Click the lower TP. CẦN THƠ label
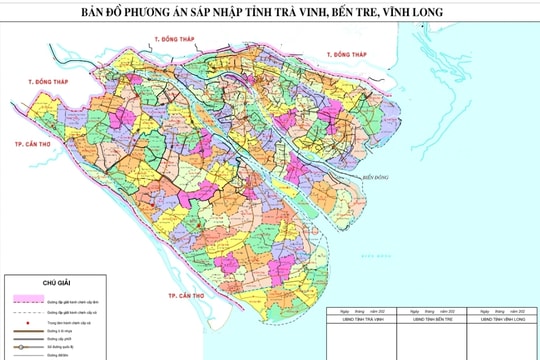pyautogui.click(x=187, y=297)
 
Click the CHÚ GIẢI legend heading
pyautogui.click(x=52, y=283)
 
